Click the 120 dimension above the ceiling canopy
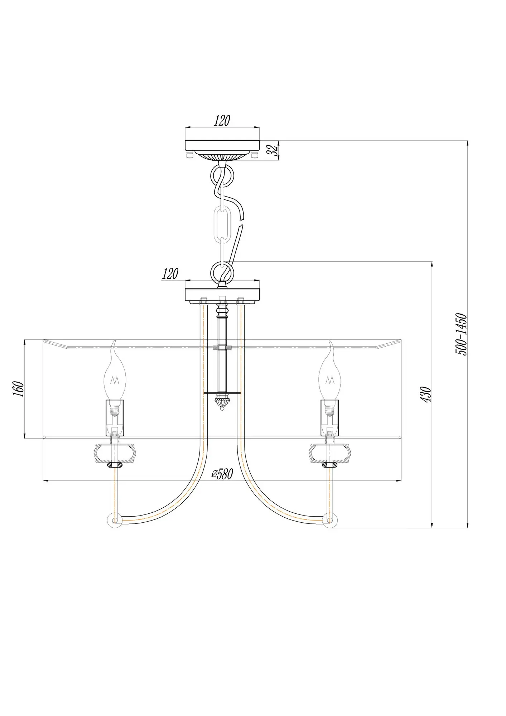[222, 121]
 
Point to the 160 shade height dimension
[19, 389]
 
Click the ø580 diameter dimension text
[222, 474]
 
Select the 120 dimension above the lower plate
[170, 274]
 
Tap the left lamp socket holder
[115, 418]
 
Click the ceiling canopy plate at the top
[222, 146]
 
